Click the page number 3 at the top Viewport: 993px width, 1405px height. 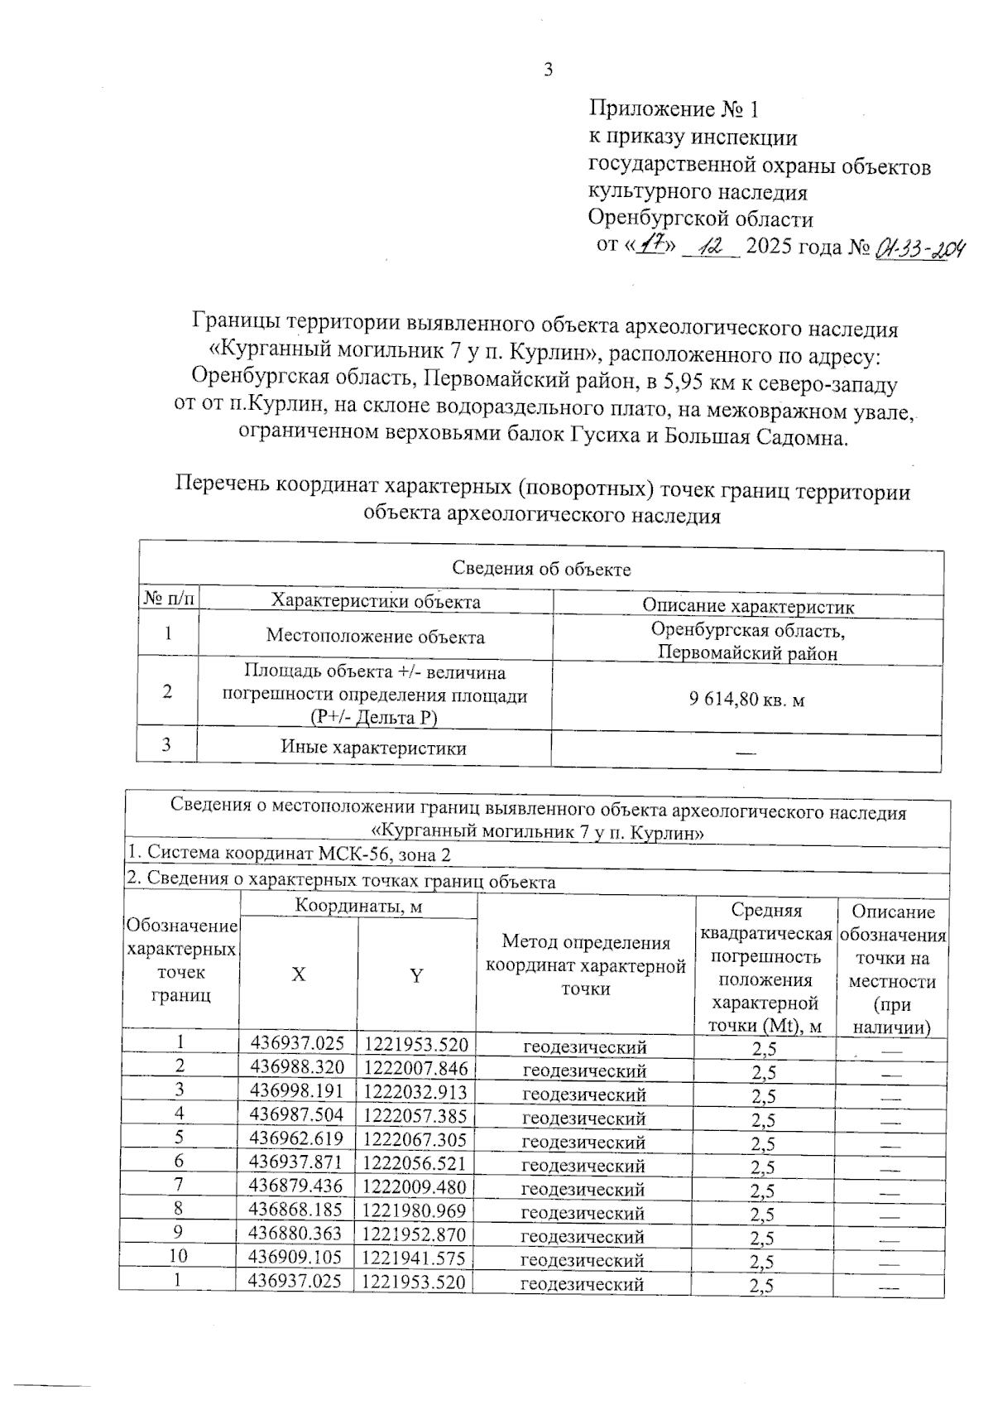548,70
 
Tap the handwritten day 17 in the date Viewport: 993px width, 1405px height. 656,246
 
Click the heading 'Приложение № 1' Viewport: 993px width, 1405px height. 673,109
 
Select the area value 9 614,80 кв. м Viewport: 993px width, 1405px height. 746,700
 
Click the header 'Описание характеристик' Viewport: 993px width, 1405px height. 748,606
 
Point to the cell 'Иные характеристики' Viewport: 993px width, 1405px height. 373,748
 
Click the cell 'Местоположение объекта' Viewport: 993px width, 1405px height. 375,637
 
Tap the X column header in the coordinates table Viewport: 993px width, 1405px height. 298,975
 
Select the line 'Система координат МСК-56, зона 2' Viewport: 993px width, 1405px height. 290,854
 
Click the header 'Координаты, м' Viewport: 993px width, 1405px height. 358,907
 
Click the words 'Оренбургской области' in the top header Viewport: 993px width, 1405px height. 700,219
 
